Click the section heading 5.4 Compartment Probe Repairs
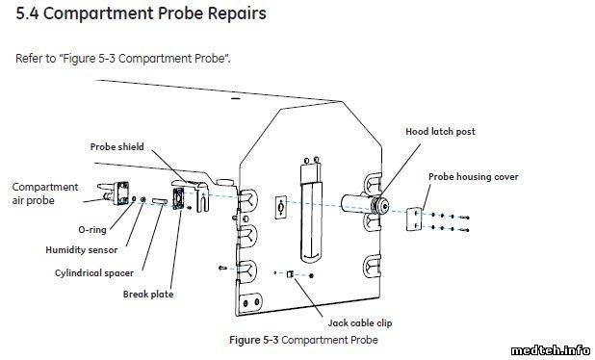click(141, 13)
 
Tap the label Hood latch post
click(440, 132)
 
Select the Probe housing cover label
click(473, 177)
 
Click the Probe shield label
click(116, 147)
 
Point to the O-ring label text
click(92, 229)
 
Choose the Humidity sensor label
click(82, 250)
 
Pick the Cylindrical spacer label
click(94, 273)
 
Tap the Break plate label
click(148, 294)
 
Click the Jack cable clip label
click(360, 322)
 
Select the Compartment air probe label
click(45, 193)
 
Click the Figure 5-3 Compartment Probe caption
click(303, 340)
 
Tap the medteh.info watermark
click(550, 350)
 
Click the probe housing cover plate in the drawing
click(413, 219)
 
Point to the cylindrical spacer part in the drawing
click(160, 200)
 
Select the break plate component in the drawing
click(177, 198)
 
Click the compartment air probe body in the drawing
click(122, 193)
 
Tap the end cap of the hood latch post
click(381, 206)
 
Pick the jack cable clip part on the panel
click(291, 274)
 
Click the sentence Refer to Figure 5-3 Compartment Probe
click(123, 59)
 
